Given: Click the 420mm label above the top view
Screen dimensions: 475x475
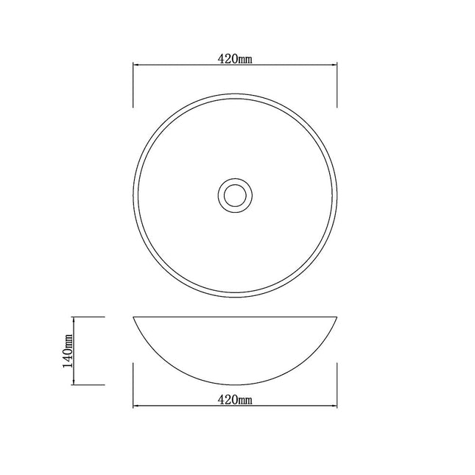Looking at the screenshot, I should pyautogui.click(x=235, y=60).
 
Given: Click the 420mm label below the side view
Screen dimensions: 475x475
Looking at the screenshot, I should pyautogui.click(x=235, y=400).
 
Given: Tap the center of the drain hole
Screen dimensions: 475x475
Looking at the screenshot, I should pyautogui.click(x=235, y=194).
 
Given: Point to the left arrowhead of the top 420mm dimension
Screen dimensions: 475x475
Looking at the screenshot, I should pyautogui.click(x=136, y=66).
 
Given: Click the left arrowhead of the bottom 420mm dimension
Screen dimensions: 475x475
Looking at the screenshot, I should pyautogui.click(x=136, y=406).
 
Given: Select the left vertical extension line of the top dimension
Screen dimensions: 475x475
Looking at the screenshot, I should pyautogui.click(x=133, y=85).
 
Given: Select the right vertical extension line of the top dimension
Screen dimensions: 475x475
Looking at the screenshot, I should pyautogui.click(x=337, y=85).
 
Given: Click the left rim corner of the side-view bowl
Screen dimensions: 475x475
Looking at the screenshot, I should pyautogui.click(x=133, y=318).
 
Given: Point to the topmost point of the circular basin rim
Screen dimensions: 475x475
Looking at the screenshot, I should pyautogui.click(x=235, y=94).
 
